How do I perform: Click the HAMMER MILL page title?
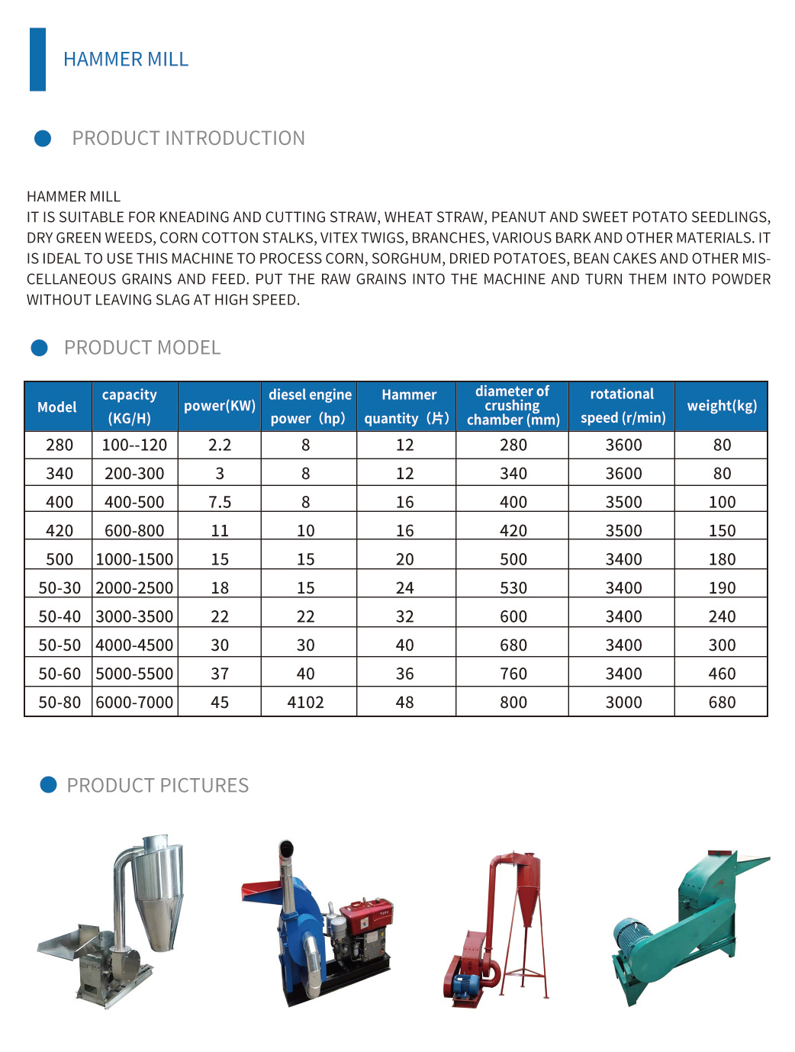pyautogui.click(x=126, y=60)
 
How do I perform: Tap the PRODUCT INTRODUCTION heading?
pyautogui.click(x=188, y=138)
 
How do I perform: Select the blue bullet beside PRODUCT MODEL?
pyautogui.click(x=39, y=348)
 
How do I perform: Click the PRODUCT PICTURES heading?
pyautogui.click(x=157, y=786)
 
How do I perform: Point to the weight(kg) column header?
pyautogui.click(x=722, y=406)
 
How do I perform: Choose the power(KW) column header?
pyautogui.click(x=220, y=406)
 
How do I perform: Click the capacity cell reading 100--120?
pyautogui.click(x=134, y=445)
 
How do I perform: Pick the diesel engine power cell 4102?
pyautogui.click(x=305, y=703)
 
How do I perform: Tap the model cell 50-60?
pyautogui.click(x=60, y=674)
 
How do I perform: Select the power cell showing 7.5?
pyautogui.click(x=220, y=502)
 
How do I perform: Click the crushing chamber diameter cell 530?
pyautogui.click(x=513, y=588)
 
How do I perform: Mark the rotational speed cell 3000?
pyautogui.click(x=623, y=703)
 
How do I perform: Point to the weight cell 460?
pyautogui.click(x=722, y=674)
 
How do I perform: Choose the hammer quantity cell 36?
pyautogui.click(x=404, y=674)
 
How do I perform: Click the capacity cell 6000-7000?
pyautogui.click(x=134, y=703)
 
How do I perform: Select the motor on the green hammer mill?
pyautogui.click(x=633, y=938)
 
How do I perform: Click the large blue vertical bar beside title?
pyautogui.click(x=37, y=60)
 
